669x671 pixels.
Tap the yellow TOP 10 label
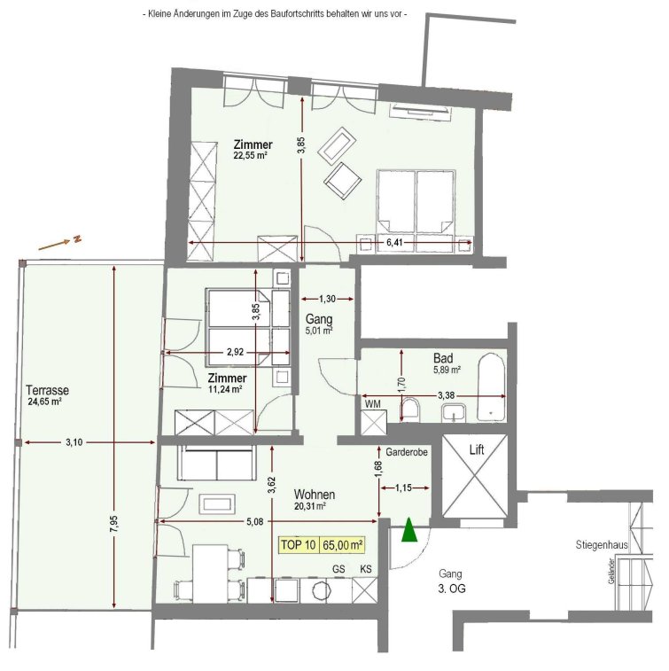tap(299, 545)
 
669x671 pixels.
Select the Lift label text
tap(477, 449)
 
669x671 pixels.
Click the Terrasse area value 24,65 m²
tap(45, 402)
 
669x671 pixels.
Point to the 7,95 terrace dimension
tap(114, 524)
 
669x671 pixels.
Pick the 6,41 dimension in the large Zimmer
tap(394, 243)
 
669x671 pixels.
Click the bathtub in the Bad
tap(491, 386)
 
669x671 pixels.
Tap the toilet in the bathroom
tap(411, 410)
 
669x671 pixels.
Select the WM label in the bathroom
tap(372, 404)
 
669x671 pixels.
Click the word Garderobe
tap(407, 452)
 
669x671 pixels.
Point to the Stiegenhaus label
tap(602, 545)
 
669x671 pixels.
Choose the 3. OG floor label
tap(452, 589)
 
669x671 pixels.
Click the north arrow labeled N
tap(59, 243)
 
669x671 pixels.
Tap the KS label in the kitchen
tap(366, 569)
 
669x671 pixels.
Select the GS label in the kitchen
tap(338, 569)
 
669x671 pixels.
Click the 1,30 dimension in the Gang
tap(328, 299)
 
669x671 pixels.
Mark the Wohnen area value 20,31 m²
tap(310, 506)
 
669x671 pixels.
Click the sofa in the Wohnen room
tap(217, 463)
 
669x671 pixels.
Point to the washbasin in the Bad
tap(454, 413)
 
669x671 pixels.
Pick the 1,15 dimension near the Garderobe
tap(404, 488)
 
